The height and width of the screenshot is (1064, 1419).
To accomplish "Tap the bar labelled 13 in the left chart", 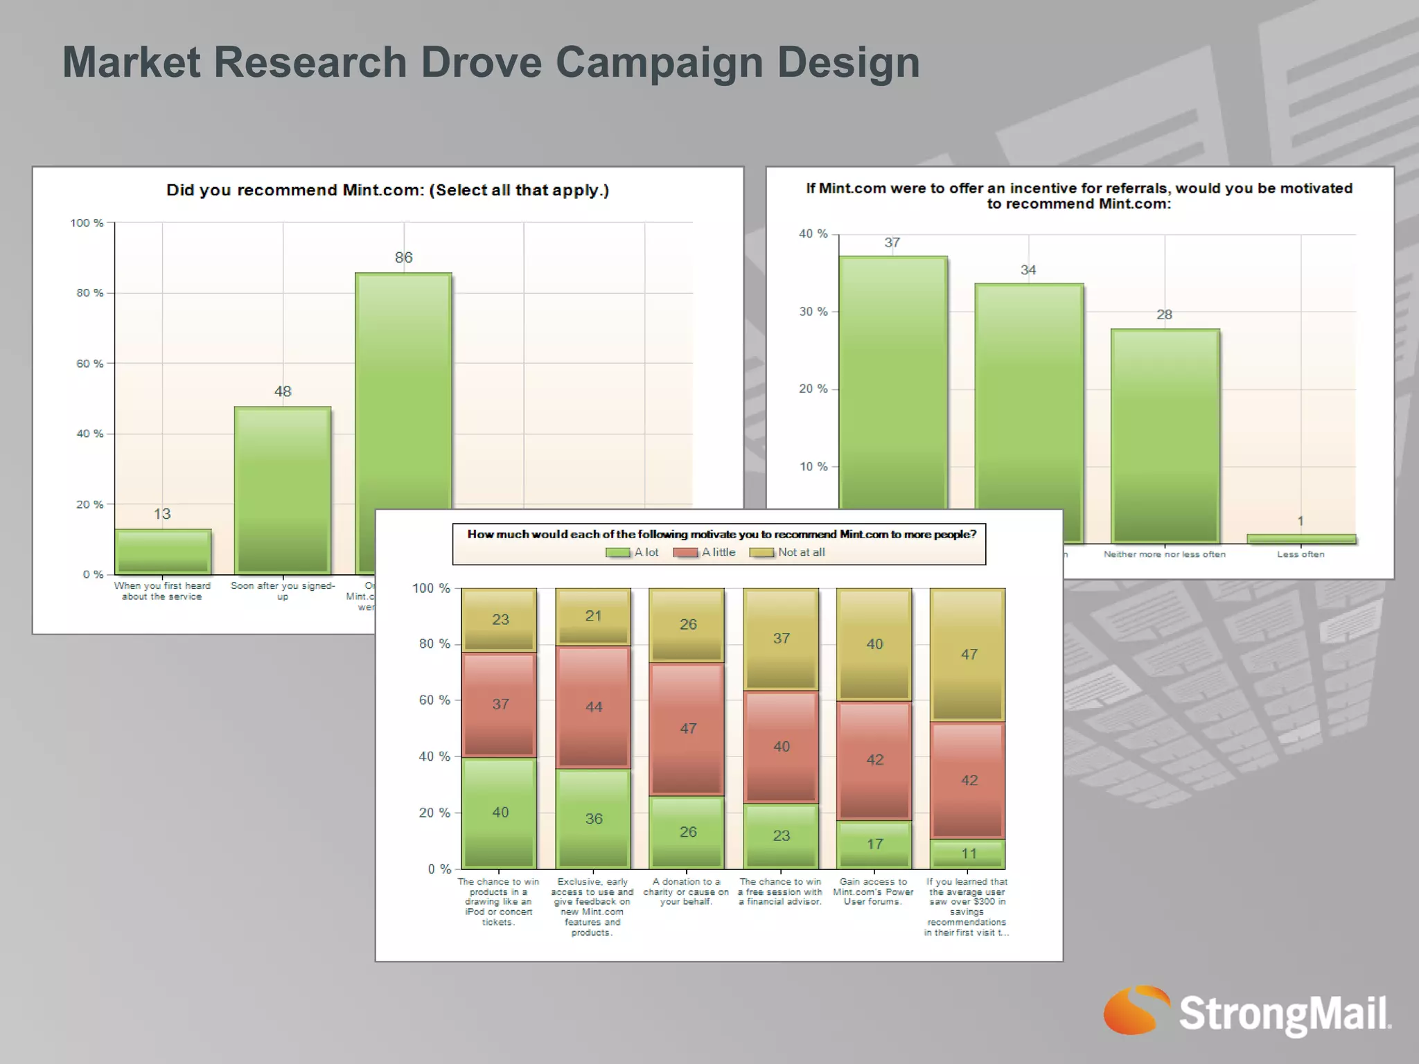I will click(163, 551).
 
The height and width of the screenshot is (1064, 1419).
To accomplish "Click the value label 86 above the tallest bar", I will click(403, 258).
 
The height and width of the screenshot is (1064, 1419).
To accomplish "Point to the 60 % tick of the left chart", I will click(90, 364).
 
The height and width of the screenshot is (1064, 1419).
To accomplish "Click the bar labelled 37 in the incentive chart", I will click(892, 381).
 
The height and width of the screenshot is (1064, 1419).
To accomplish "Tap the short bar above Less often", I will click(1301, 539).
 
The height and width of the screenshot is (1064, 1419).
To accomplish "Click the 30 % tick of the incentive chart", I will click(813, 312).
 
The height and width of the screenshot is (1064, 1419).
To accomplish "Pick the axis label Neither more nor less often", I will click(1164, 554).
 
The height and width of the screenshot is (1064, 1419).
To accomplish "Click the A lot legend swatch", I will click(617, 553).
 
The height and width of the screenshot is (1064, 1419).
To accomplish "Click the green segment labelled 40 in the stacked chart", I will click(500, 813).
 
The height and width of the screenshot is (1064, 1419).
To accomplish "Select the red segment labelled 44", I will click(593, 707).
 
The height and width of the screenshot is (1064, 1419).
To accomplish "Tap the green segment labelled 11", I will click(968, 854).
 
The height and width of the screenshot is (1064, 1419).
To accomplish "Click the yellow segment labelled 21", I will click(593, 617).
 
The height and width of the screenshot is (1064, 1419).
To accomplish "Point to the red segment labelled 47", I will click(687, 729).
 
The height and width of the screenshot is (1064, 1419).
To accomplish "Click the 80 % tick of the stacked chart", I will click(434, 644).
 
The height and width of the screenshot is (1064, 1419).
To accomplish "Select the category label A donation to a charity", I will click(686, 892).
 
